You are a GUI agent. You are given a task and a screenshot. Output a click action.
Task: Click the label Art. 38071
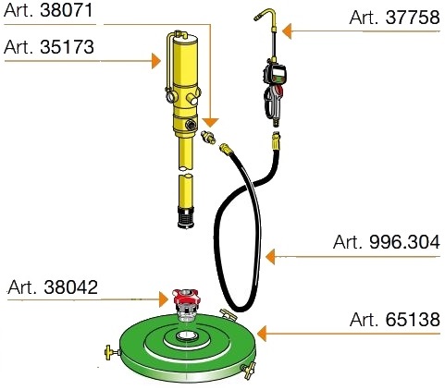(48, 10)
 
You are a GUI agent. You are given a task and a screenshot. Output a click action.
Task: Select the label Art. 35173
(49, 47)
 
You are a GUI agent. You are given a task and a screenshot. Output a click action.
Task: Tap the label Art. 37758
(394, 18)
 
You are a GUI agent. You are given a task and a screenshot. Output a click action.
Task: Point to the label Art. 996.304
(387, 242)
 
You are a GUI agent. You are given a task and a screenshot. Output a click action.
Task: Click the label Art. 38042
(53, 287)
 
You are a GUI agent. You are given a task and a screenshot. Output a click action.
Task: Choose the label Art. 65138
(395, 319)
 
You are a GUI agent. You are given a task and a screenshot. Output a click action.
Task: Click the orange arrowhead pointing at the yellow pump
(156, 61)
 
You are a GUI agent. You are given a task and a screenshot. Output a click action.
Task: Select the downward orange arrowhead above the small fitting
(211, 122)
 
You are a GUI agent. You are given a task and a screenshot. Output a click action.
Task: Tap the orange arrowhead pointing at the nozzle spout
(287, 31)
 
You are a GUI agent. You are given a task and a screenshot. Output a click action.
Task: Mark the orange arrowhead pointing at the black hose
(270, 257)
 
